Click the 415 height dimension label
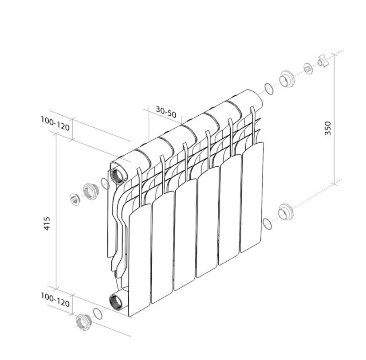click(x=47, y=223)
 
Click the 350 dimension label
click(x=328, y=128)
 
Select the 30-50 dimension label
click(x=166, y=112)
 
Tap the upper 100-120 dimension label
click(x=55, y=123)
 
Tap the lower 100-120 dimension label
click(x=55, y=300)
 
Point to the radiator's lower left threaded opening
click(x=116, y=301)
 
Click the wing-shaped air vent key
click(x=323, y=61)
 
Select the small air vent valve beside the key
click(x=308, y=69)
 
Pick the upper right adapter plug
click(x=287, y=79)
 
